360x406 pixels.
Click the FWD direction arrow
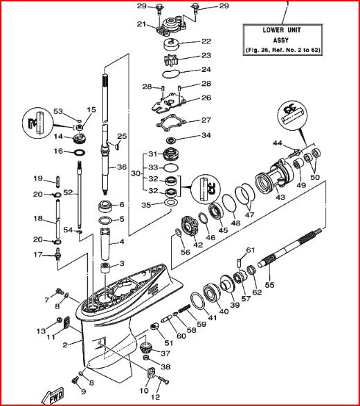tap(53, 396)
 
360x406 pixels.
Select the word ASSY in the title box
tap(281, 40)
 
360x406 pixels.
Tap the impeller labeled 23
tap(171, 60)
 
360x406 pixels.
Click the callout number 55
tap(269, 285)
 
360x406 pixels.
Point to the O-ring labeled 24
tap(170, 74)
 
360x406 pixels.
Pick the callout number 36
tap(122, 167)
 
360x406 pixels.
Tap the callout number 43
tap(280, 197)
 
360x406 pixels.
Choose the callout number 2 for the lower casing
tap(65, 345)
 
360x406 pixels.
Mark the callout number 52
tap(68, 192)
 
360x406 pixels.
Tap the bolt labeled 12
tap(163, 380)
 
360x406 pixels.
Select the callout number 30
tap(136, 173)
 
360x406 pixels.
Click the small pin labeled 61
tap(240, 263)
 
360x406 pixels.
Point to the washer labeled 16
tap(80, 152)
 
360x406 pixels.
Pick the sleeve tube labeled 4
tap(105, 244)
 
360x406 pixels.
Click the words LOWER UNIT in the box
tap(282, 30)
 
